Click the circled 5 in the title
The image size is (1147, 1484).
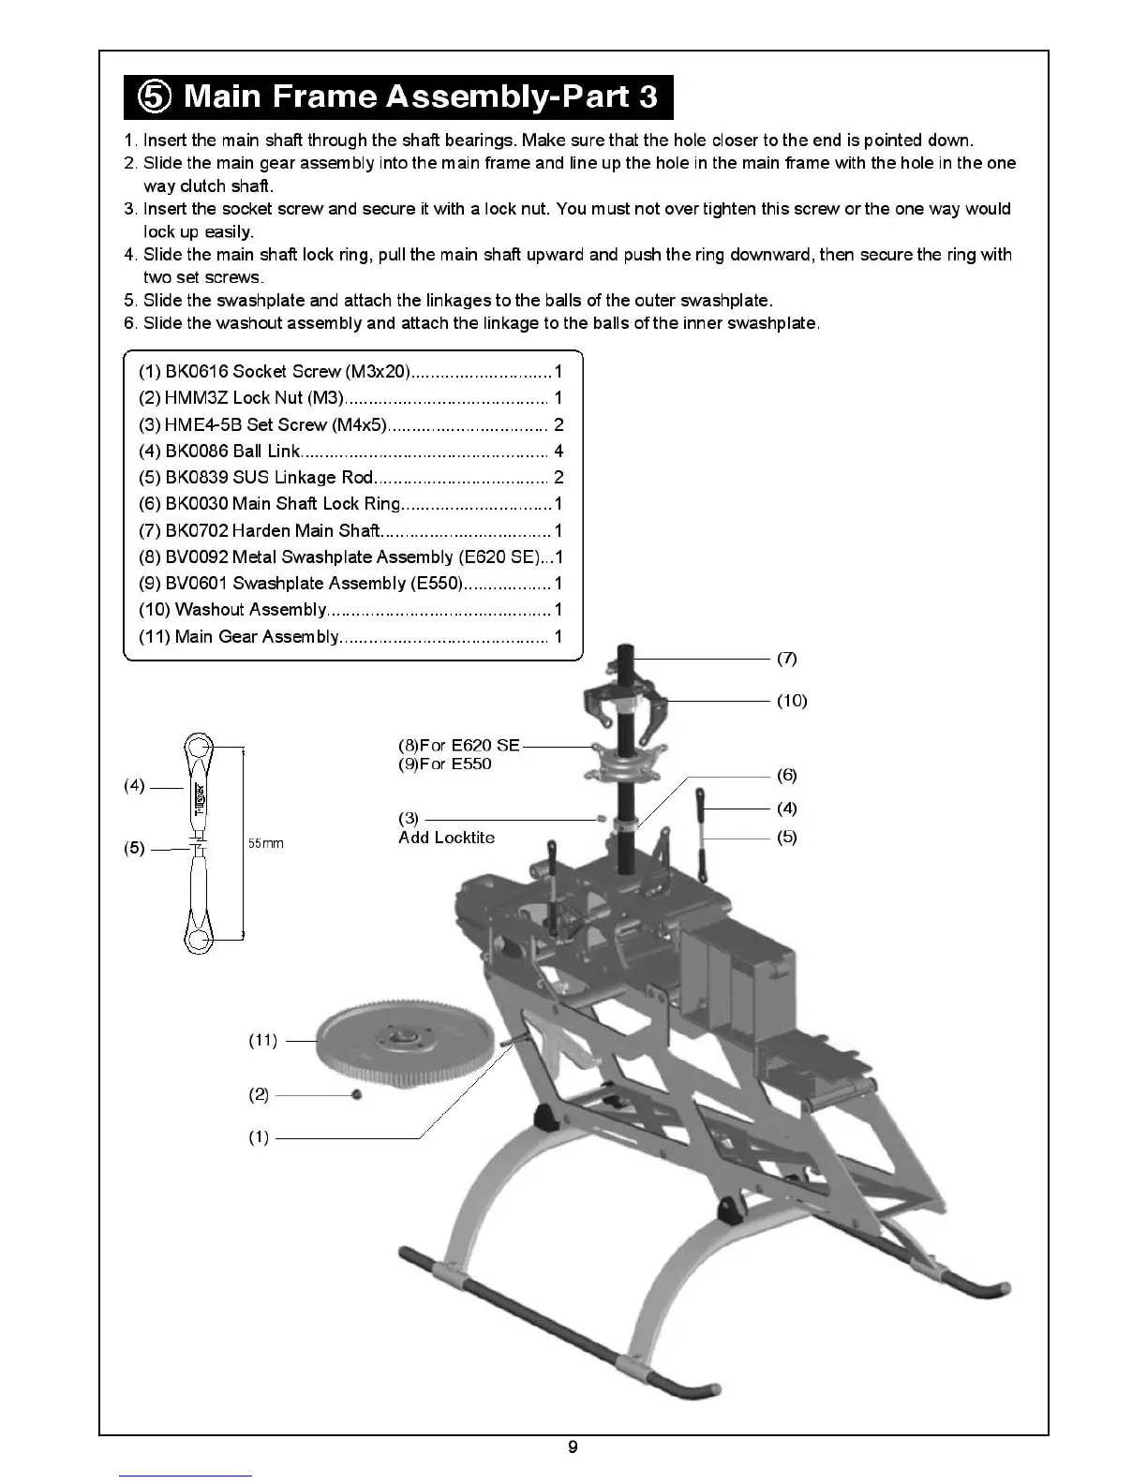click(x=155, y=97)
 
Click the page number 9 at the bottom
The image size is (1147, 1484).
click(x=573, y=1447)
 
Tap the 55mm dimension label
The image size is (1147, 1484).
click(x=265, y=844)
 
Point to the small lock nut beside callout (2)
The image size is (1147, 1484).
click(x=356, y=1094)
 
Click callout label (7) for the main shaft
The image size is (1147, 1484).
click(x=787, y=659)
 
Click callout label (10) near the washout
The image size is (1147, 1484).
click(x=792, y=701)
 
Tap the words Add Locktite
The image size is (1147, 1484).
click(x=446, y=838)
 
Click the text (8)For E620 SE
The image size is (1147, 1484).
click(x=458, y=746)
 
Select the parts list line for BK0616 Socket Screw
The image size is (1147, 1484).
click(x=350, y=372)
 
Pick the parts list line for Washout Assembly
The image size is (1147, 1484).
click(x=350, y=610)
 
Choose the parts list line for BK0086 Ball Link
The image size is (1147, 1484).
click(x=350, y=452)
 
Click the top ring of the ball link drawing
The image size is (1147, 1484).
click(x=198, y=749)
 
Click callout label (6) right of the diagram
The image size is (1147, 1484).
click(x=787, y=776)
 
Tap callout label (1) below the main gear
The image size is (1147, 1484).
click(x=259, y=1137)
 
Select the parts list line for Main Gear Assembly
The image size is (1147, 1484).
click(x=350, y=637)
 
